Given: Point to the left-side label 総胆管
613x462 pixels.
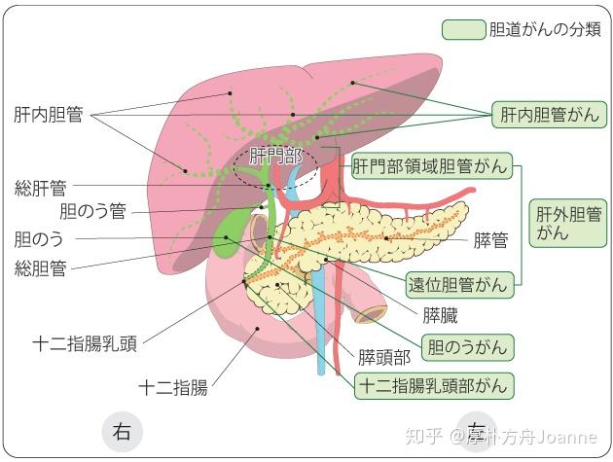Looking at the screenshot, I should click(40, 266).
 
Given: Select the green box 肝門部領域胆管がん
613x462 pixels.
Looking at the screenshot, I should click(430, 167).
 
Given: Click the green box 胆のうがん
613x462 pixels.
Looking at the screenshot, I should click(466, 346).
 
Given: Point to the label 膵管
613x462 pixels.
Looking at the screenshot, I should click(491, 240).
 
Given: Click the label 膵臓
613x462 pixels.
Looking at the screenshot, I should click(440, 314).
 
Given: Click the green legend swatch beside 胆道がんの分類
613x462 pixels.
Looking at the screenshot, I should click(463, 28).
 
